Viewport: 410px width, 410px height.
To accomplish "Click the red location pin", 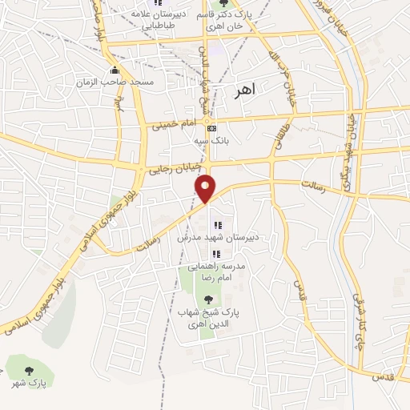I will pos(206,187).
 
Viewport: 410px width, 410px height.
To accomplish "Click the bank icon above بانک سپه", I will pos(211,128).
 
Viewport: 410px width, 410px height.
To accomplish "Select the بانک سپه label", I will pos(211,140).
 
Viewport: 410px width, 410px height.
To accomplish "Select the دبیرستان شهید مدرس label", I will pos(216,237).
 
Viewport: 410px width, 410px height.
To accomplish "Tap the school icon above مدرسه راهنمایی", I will pos(216,254).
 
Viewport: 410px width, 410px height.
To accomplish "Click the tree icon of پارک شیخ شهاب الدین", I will pos(209,299).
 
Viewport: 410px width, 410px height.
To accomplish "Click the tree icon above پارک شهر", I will pos(29,370).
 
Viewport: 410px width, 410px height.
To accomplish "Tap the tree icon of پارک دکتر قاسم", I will pos(223,6).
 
